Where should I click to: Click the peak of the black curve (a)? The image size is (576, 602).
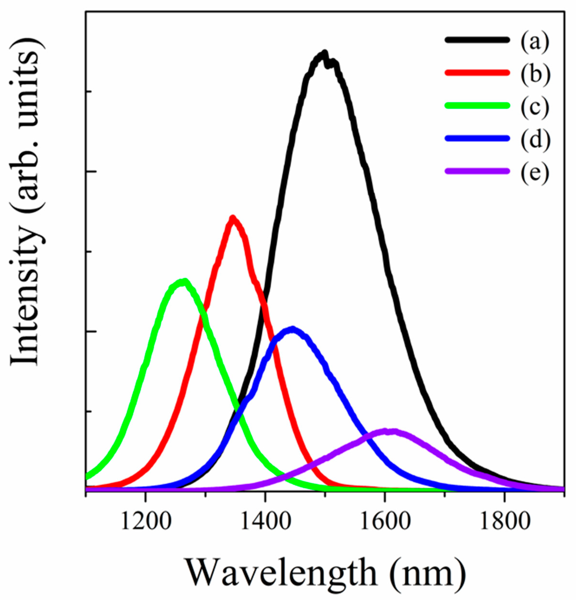pyautogui.click(x=324, y=53)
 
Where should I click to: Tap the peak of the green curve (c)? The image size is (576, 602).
pyautogui.click(x=184, y=281)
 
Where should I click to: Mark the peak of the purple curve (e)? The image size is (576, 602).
pyautogui.click(x=387, y=431)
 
